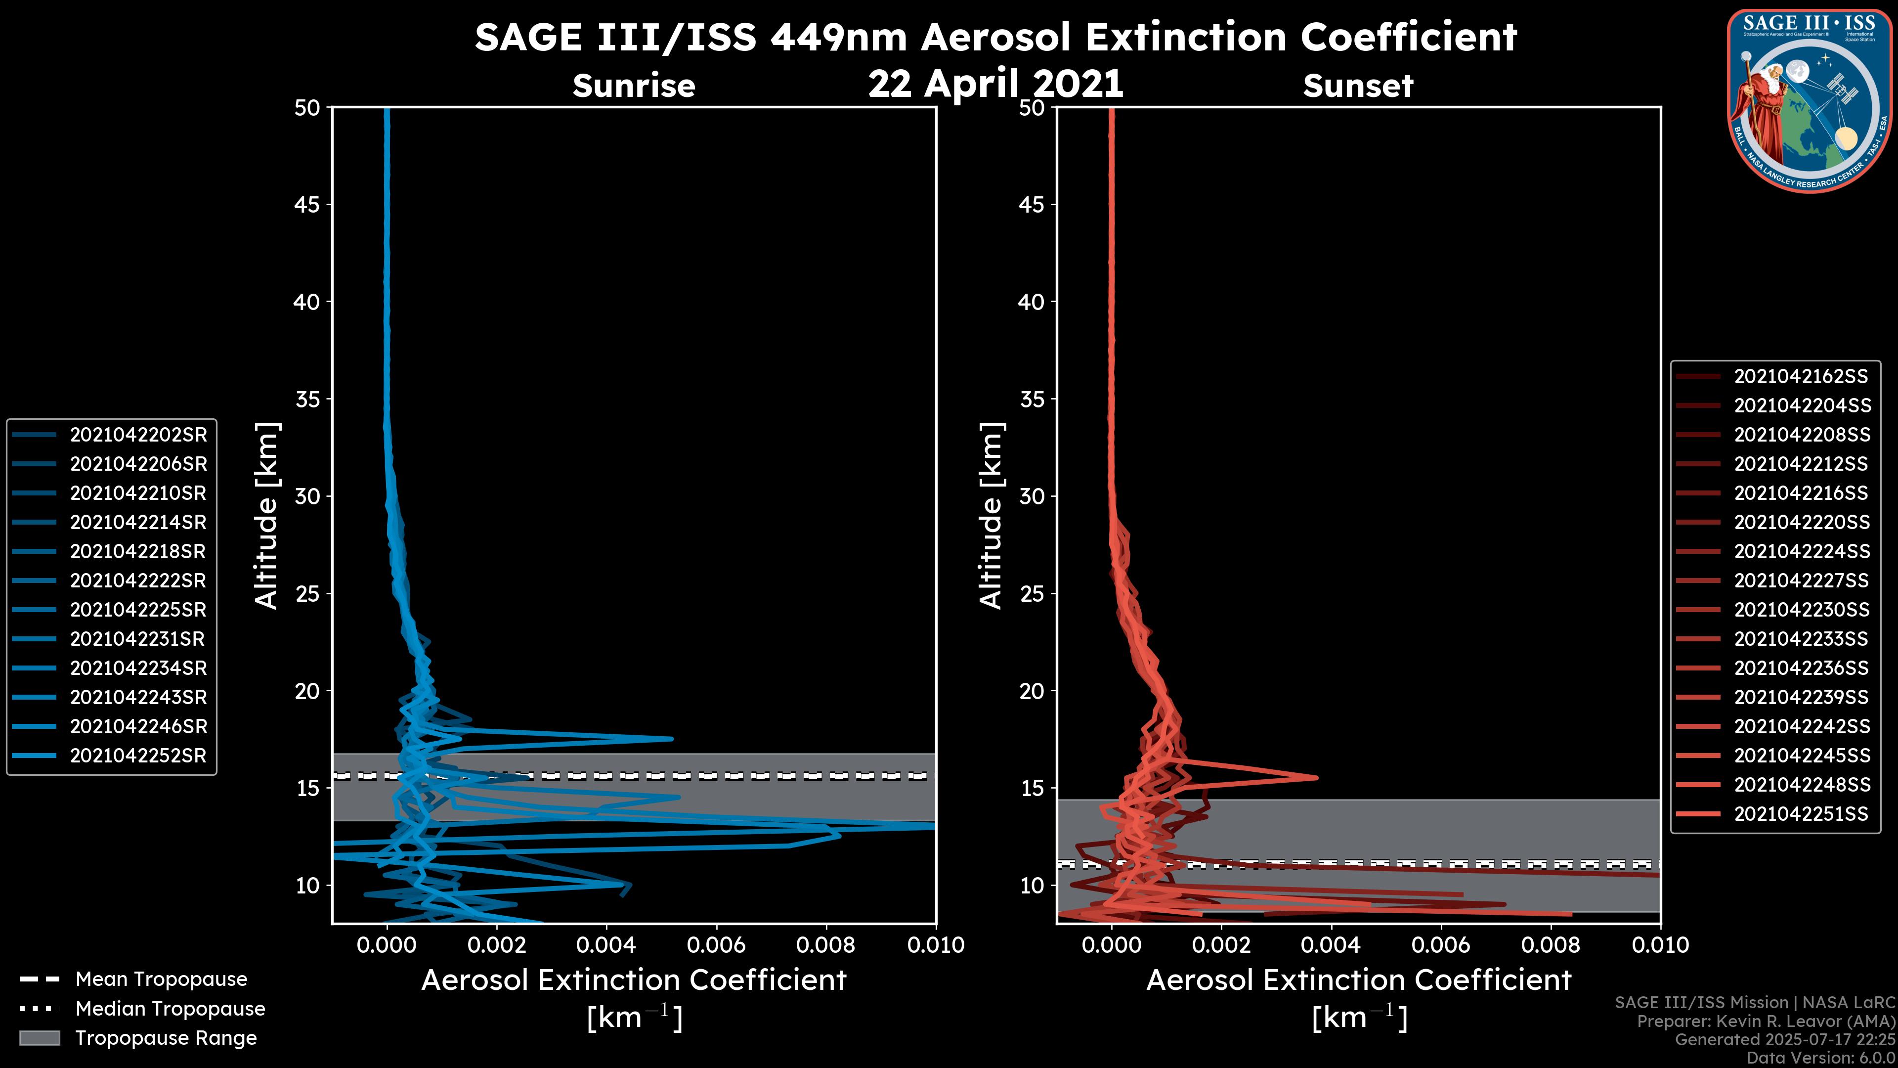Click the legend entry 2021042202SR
(138, 435)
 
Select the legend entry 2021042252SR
(138, 756)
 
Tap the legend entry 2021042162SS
(1800, 377)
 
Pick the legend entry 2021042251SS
(1800, 814)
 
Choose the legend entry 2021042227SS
(1800, 581)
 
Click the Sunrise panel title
(634, 86)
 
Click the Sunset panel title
(1358, 86)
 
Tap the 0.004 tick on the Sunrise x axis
(605, 945)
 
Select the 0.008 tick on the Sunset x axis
(1551, 945)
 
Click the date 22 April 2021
(995, 83)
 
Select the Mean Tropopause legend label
(161, 979)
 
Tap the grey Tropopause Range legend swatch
(39, 1038)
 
